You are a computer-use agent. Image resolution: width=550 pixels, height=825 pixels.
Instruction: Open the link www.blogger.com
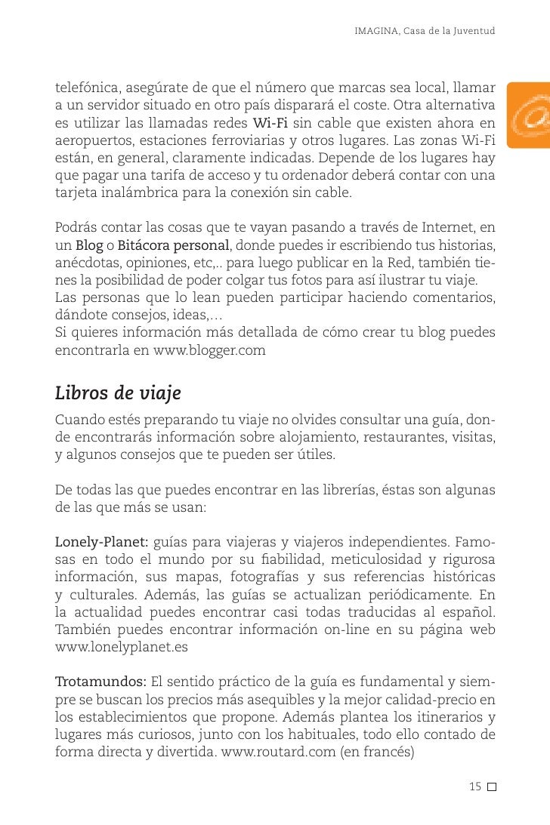click(209, 351)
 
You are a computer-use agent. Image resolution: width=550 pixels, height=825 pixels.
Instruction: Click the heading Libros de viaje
click(118, 395)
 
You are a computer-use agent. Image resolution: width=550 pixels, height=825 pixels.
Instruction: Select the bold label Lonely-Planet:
click(102, 543)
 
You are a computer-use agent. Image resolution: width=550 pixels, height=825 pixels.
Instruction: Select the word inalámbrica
click(134, 192)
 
